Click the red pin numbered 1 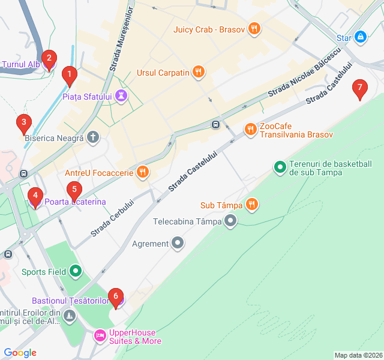(70, 76)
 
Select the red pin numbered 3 (23, 124)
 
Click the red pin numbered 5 (74, 191)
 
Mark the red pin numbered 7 (359, 89)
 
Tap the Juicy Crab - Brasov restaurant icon (254, 28)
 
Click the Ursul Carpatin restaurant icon (199, 73)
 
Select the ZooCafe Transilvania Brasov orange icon (250, 129)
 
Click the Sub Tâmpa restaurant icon (252, 205)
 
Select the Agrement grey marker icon (178, 243)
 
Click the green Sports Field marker (76, 272)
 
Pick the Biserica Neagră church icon (93, 137)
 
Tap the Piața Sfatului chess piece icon (121, 96)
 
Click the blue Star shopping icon (360, 38)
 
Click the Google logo (20, 353)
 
